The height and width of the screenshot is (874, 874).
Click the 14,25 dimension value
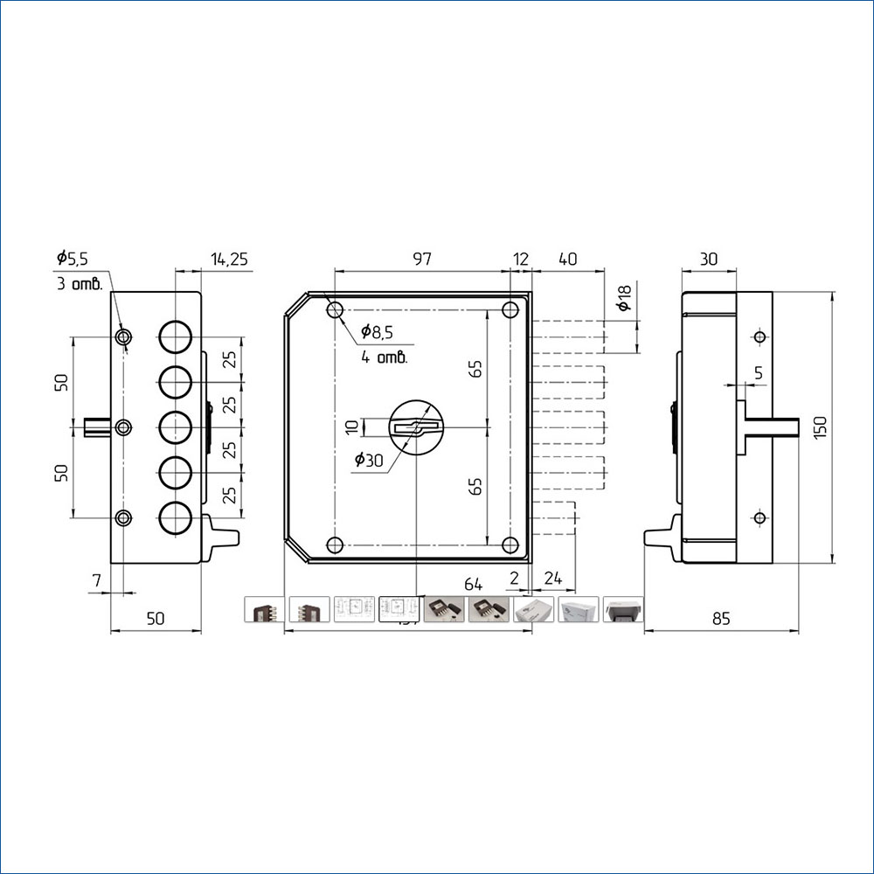point(230,259)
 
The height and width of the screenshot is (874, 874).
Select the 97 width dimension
point(422,259)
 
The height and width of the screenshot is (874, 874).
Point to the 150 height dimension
point(820,427)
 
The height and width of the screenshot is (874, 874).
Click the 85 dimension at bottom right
point(720,619)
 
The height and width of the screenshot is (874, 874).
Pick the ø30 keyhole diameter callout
point(368,461)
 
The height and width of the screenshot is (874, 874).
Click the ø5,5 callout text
point(73,258)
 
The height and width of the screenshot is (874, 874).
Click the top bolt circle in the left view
point(175,336)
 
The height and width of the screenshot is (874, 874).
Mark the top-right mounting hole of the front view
point(510,310)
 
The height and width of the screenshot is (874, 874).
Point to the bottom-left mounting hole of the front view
point(335,545)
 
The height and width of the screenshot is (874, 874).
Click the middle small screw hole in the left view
point(124,427)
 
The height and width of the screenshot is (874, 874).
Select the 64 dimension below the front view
point(474,583)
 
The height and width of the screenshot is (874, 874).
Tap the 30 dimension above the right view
point(708,259)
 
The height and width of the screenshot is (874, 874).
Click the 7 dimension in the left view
point(96,579)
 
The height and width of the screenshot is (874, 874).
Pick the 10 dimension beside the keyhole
point(351,427)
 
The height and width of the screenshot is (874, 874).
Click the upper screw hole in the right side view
point(759,337)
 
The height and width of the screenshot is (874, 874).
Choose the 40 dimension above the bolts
point(567,259)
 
